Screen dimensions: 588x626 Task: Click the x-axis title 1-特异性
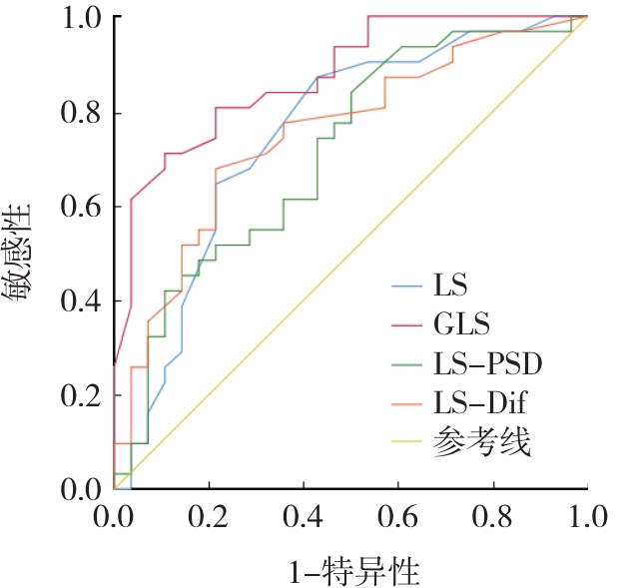[352, 572]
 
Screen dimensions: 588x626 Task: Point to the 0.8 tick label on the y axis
[80, 113]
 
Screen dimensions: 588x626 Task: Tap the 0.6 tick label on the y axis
[80, 207]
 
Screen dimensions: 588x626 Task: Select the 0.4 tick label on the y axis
[80, 301]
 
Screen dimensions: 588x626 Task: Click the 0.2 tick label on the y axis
[80, 395]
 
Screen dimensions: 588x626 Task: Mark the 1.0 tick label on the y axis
[80, 18]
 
